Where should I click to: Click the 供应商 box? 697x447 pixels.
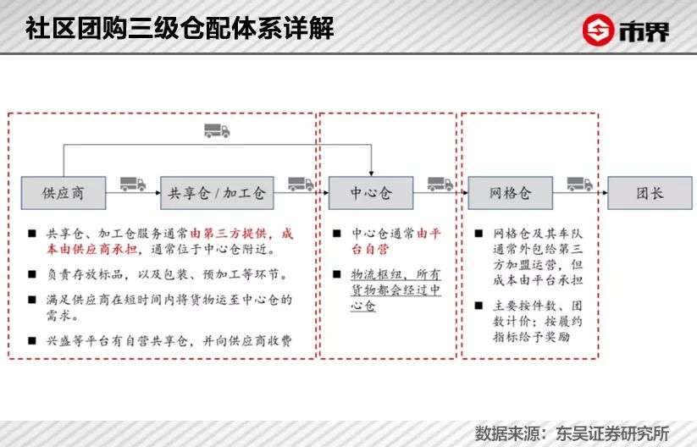point(64,193)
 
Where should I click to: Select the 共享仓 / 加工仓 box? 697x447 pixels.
point(217,193)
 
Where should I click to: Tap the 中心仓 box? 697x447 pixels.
point(371,193)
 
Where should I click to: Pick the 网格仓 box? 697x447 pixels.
point(511,193)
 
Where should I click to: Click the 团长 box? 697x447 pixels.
point(650,193)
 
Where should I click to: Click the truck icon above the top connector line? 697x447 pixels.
point(217,130)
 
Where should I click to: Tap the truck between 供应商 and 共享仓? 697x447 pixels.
point(133,184)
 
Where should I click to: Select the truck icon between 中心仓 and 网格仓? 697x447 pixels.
point(440,184)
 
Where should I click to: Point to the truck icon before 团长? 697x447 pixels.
point(580,184)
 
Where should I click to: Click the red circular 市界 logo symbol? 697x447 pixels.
point(598,30)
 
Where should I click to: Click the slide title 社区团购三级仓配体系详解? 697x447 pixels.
point(180,28)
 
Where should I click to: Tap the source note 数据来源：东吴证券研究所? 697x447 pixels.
point(573,433)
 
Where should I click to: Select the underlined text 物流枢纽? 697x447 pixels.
point(377,274)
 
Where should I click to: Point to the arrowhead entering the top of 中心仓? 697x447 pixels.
point(371,174)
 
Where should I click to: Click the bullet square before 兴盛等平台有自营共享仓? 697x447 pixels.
point(32,341)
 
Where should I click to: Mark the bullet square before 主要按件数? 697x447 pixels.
point(478,306)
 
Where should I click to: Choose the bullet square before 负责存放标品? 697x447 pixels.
point(32,274)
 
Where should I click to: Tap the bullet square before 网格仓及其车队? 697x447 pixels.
point(478,234)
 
